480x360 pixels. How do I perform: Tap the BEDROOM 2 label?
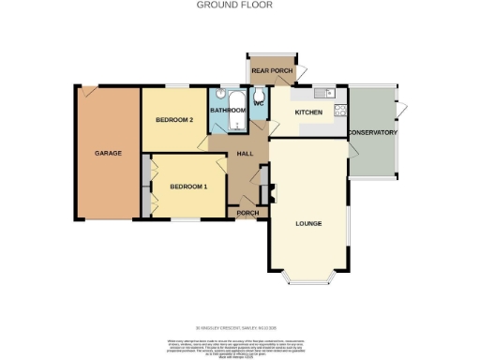pyautogui.click(x=173, y=120)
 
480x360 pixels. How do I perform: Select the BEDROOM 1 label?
pyautogui.click(x=187, y=187)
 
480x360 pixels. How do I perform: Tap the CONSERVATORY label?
pyautogui.click(x=372, y=133)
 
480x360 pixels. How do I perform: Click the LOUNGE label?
pyautogui.click(x=308, y=223)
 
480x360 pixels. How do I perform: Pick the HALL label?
pyautogui.click(x=246, y=153)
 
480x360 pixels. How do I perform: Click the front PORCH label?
pyautogui.click(x=247, y=213)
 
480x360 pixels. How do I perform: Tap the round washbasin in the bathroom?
pyautogui.click(x=218, y=94)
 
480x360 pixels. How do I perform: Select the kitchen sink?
pyautogui.click(x=323, y=92)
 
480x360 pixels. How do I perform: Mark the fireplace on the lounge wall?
pyautogui.click(x=272, y=192)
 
